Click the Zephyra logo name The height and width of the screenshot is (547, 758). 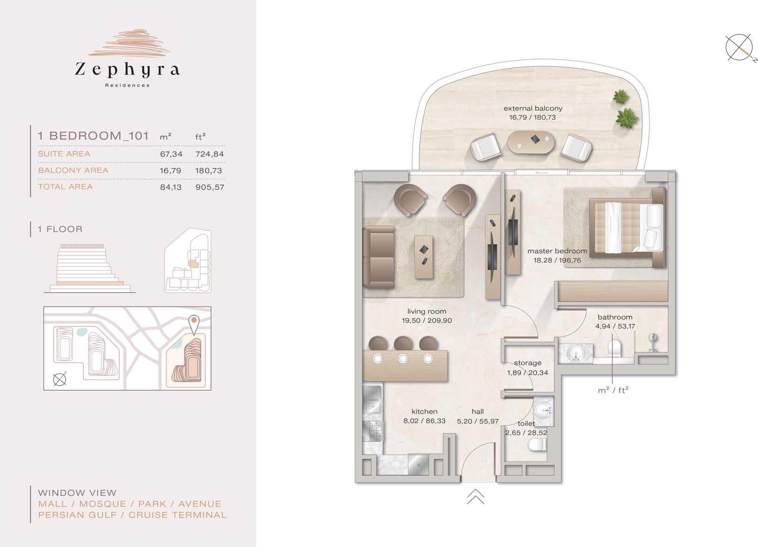pos(127,70)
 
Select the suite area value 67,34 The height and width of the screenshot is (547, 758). pos(171,154)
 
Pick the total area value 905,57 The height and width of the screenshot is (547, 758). pos(210,187)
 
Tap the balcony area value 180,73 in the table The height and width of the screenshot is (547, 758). pos(209,171)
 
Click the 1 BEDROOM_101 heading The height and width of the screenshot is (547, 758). pos(93,136)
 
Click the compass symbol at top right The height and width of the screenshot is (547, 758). pos(739,48)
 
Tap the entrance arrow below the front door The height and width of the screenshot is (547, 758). pos(475,497)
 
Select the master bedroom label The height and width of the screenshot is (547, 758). pos(557,251)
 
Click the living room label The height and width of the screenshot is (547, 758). pos(427,312)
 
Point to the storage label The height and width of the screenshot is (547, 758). pos(527,363)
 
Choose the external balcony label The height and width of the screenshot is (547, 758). pos(533,108)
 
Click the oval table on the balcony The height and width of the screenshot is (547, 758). pos(531,142)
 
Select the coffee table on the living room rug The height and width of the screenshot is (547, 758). pos(424,256)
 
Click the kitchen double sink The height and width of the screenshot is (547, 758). pos(372,400)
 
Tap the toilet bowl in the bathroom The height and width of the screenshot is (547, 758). pos(615,347)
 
